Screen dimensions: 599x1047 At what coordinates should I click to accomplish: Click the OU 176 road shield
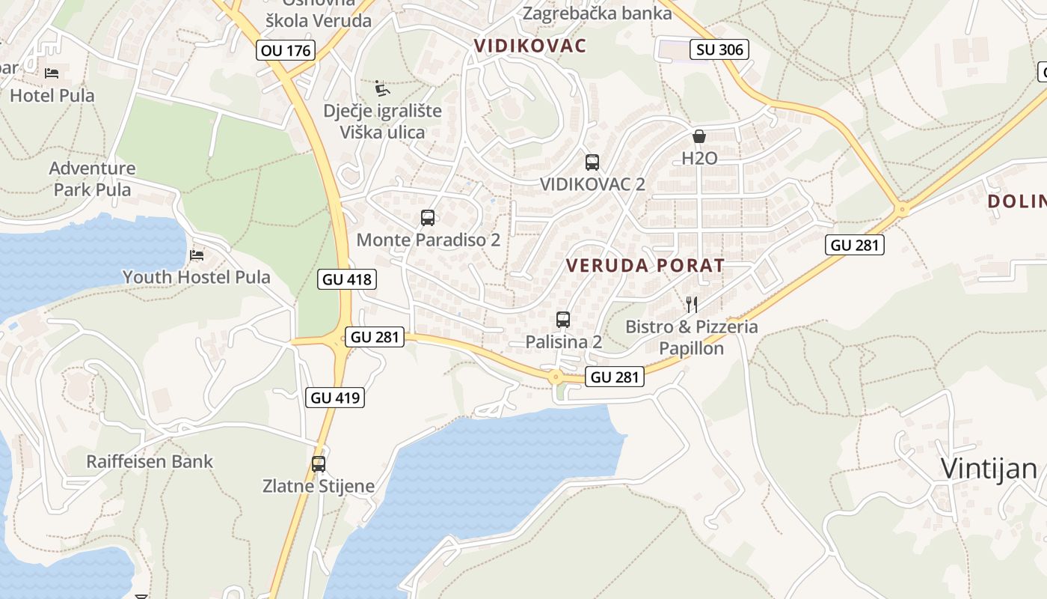click(x=285, y=50)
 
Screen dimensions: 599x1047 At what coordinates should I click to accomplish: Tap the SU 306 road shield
click(x=719, y=49)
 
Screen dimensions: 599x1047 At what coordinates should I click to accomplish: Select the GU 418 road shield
click(x=346, y=279)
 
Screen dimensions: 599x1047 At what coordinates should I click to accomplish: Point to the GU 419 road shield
click(x=335, y=398)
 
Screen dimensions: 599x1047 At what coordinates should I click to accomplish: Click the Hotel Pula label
click(x=52, y=96)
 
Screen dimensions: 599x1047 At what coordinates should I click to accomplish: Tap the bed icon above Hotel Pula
click(x=52, y=73)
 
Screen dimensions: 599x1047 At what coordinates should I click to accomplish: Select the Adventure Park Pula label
click(x=93, y=179)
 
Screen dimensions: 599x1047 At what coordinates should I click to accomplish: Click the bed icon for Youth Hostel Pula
click(x=197, y=255)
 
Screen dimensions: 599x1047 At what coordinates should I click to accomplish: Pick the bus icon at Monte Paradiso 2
click(x=428, y=218)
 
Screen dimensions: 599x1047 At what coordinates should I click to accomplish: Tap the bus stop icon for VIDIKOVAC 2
click(x=592, y=162)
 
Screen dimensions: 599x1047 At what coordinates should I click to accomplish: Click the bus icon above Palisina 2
click(x=563, y=320)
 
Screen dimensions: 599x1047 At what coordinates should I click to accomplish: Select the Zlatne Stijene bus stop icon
click(x=319, y=463)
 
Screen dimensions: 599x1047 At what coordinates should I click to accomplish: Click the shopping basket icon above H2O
click(x=699, y=136)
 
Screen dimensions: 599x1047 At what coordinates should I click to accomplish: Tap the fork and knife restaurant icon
click(x=692, y=304)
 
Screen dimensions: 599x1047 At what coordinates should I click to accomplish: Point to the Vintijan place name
click(x=989, y=469)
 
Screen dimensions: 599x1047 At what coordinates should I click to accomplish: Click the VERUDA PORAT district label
click(x=645, y=265)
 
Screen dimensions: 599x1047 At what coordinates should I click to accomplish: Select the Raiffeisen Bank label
click(x=150, y=461)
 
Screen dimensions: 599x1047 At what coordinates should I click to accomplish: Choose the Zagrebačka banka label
click(x=597, y=13)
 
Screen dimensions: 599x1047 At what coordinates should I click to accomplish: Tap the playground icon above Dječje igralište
click(x=382, y=88)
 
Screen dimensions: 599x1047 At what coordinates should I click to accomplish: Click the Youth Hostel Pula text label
click(x=197, y=277)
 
